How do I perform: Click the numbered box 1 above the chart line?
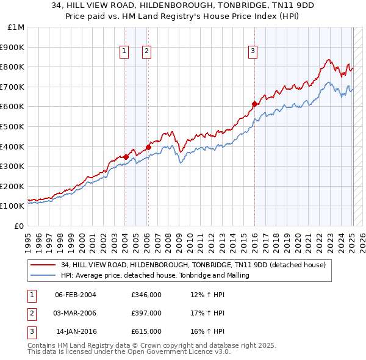coord(124,52)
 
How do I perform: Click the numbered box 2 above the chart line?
coord(147,52)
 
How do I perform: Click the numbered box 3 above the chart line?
coord(252,52)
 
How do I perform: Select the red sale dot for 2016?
coord(254,103)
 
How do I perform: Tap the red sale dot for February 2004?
coord(126,157)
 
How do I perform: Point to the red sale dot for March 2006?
coord(148,146)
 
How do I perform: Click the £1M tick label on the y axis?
coord(16,27)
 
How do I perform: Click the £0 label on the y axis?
coord(19,226)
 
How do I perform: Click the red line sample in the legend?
coord(43,265)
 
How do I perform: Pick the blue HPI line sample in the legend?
coord(43,275)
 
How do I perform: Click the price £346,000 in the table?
coord(146,295)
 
